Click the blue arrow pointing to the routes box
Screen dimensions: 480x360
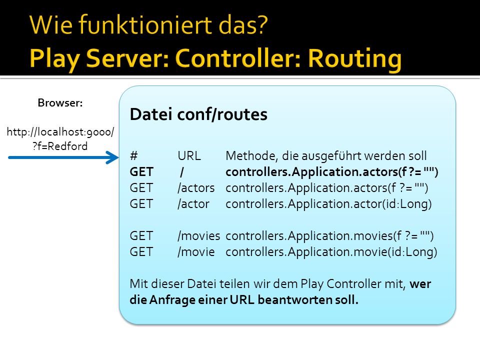63,157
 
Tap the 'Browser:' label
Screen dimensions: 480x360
60,103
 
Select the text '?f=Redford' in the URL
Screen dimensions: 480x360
60,146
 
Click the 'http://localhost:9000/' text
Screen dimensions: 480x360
60,132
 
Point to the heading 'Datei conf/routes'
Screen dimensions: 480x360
198,114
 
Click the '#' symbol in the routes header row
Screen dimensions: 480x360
134,156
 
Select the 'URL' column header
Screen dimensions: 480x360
189,156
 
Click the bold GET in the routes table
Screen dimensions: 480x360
141,171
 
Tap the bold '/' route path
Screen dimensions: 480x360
182,172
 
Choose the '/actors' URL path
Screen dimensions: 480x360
196,188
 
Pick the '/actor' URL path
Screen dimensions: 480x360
193,204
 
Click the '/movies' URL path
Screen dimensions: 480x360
198,236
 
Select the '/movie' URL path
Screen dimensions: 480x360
196,252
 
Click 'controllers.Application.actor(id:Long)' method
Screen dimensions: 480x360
328,204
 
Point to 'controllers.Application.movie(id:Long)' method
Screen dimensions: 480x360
331,252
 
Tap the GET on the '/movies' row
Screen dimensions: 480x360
141,236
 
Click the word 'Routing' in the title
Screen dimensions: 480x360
355,59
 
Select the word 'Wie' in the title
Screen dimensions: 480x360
51,24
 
